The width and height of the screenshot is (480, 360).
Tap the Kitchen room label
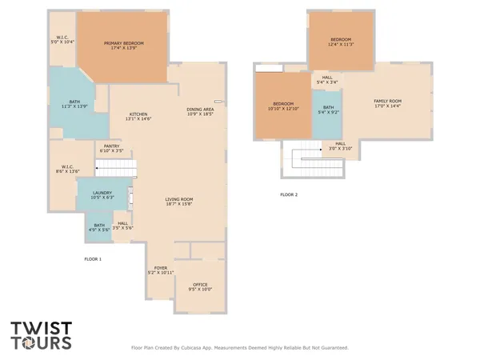[138, 116]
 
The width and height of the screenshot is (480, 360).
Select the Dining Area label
[200, 111]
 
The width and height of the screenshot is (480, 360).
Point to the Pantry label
[111, 148]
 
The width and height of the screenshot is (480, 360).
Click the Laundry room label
[102, 194]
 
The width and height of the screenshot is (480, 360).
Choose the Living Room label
[179, 202]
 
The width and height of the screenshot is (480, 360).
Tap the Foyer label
[160, 270]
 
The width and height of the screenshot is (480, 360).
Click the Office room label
[200, 287]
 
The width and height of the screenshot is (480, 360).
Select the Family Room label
[387, 103]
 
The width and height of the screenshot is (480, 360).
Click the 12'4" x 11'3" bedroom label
[341, 42]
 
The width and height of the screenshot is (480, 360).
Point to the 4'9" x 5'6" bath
[99, 228]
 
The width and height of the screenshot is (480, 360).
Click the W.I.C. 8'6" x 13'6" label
[61, 169]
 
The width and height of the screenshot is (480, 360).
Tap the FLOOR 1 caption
[93, 258]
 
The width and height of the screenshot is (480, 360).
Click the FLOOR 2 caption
[288, 194]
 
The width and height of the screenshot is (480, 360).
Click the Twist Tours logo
[41, 335]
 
